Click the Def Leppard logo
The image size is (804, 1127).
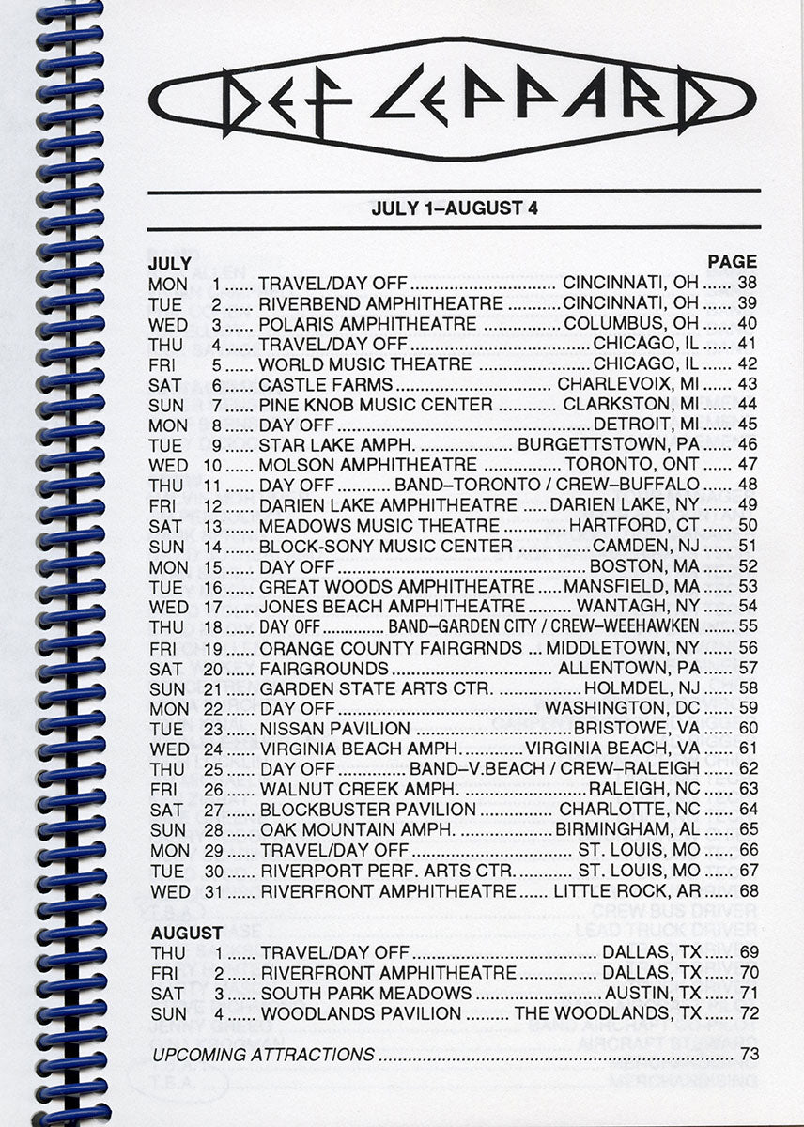[x=452, y=99]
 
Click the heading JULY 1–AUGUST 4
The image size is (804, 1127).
[x=454, y=208]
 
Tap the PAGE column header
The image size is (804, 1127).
[x=732, y=262]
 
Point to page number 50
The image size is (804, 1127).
[x=747, y=525]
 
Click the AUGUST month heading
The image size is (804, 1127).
[x=187, y=934]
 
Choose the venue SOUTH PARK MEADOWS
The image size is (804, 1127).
[x=366, y=993]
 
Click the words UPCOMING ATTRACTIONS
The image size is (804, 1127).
[x=263, y=1055]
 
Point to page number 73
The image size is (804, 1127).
[x=749, y=1054]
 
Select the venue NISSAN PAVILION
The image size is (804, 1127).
[x=335, y=728]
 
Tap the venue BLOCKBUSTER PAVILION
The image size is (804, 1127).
[x=368, y=809]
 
